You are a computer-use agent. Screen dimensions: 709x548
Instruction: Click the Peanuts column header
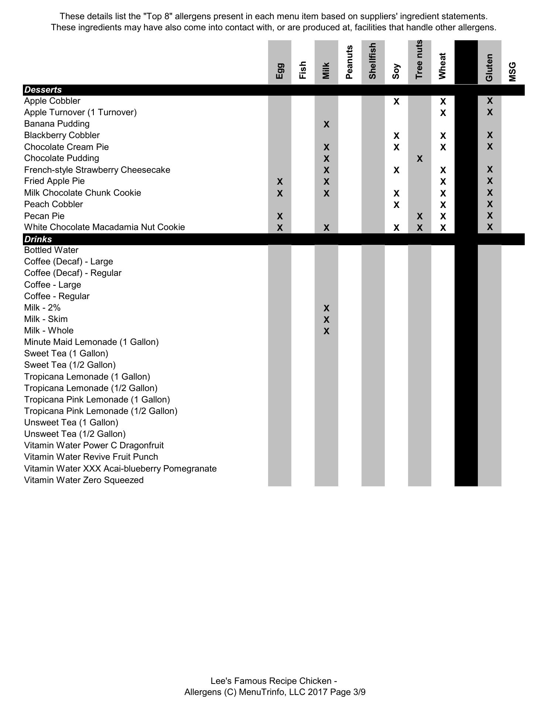349,62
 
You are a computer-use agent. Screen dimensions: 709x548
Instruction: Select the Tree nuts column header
419,59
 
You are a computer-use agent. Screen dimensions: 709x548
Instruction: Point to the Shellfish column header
373,61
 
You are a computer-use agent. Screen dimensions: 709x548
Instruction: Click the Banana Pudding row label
57,124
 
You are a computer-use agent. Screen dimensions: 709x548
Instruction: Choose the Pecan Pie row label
44,216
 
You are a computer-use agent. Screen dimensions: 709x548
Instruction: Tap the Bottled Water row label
51,250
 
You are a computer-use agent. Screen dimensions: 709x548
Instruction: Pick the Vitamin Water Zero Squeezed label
84,480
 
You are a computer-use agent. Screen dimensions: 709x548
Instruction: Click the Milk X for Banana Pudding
326,124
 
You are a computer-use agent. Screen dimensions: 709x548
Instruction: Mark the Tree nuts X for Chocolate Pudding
419,159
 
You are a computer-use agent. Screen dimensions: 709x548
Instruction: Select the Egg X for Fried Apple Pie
280,182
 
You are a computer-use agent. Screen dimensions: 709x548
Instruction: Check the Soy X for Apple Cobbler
396,102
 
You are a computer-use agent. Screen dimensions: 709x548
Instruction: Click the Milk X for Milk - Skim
326,320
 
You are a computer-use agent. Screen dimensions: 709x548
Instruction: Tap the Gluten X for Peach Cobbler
490,204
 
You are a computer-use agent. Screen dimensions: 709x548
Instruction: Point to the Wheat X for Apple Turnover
443,113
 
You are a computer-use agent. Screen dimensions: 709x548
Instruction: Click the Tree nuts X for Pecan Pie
419,216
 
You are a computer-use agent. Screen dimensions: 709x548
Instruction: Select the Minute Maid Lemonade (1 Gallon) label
91,342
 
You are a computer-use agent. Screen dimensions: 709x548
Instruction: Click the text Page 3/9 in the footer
348,692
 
